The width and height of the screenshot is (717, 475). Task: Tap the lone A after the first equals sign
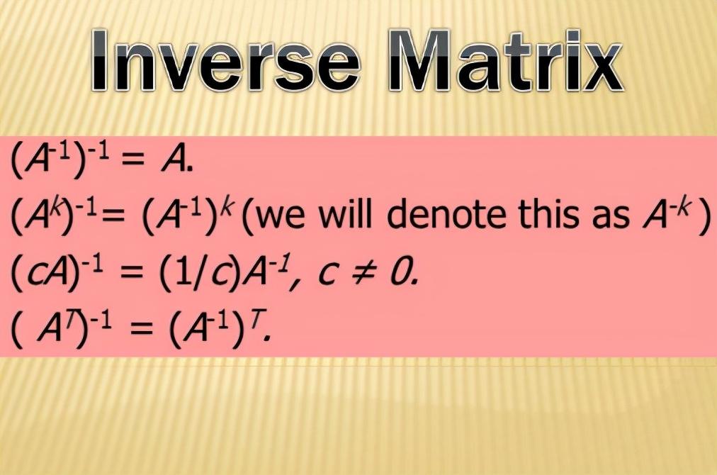tap(174, 160)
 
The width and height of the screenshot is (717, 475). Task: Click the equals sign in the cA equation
tap(135, 274)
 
